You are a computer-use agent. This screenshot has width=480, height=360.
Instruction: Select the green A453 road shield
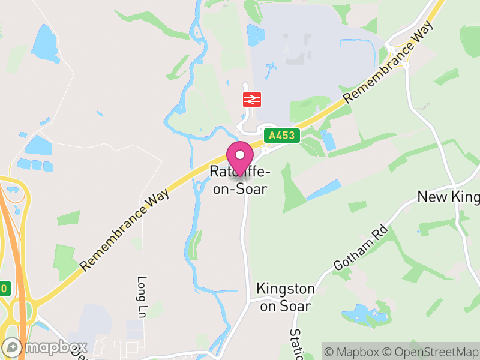tap(281, 136)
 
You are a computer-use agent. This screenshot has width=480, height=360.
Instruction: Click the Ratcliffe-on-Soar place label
tap(239, 180)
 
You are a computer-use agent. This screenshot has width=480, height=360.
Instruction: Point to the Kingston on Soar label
tap(285, 297)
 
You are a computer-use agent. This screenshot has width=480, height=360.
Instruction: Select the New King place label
tap(448, 197)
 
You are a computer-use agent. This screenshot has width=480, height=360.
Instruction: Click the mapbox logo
tap(46, 347)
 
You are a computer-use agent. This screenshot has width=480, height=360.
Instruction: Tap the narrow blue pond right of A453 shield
tap(328, 140)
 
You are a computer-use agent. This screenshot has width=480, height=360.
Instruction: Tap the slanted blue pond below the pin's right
tap(325, 190)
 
